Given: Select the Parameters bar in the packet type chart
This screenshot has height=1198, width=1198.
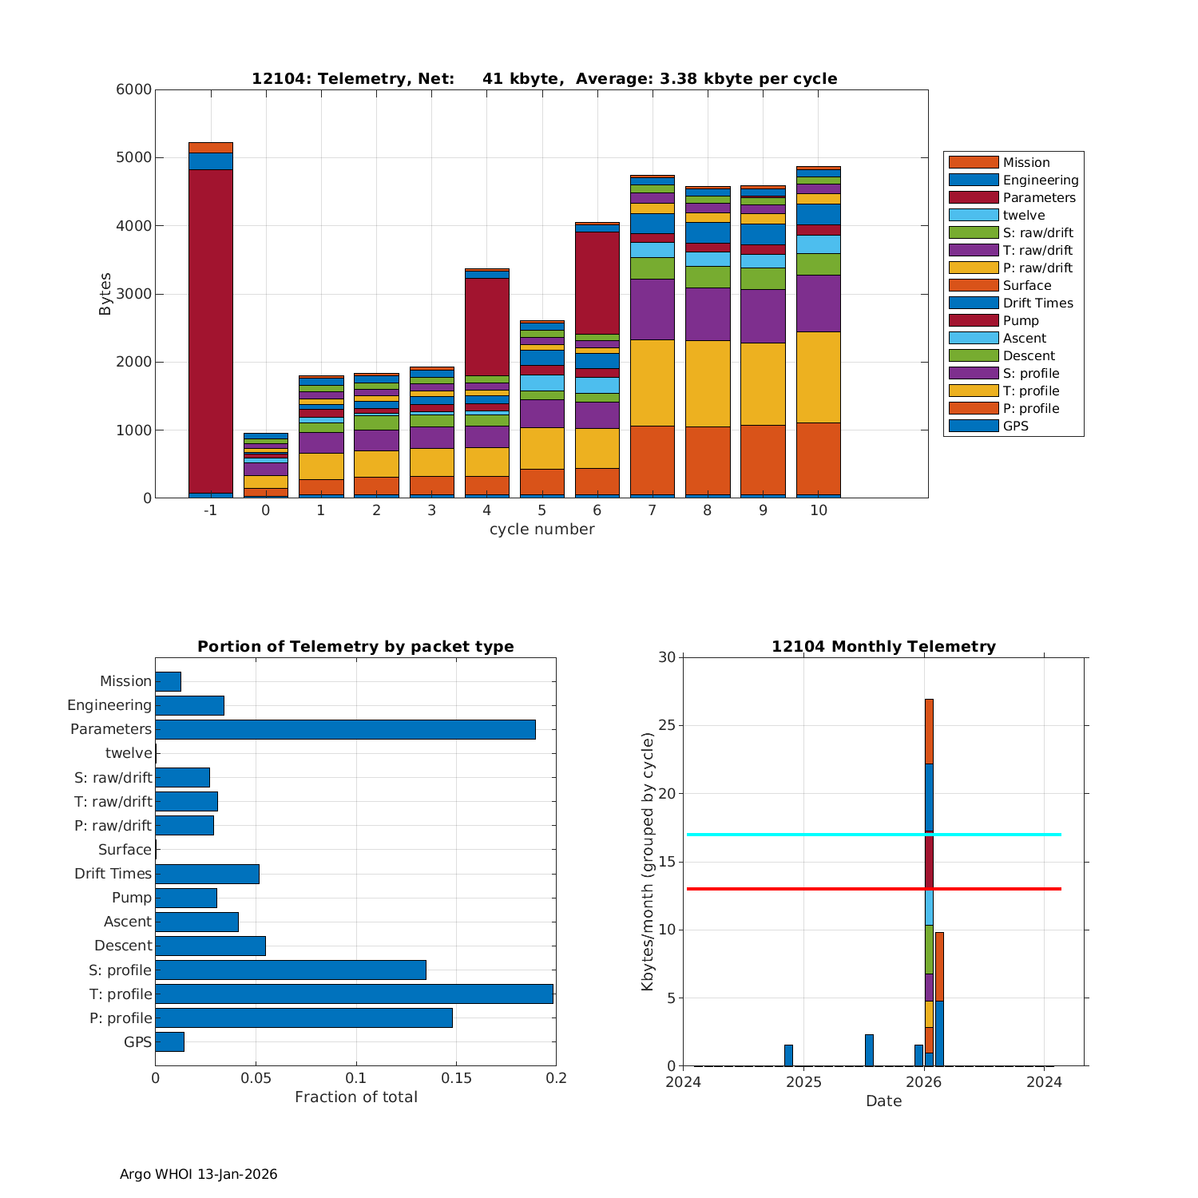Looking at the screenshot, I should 345,729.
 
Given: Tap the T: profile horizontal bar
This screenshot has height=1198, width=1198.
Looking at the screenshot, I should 354,994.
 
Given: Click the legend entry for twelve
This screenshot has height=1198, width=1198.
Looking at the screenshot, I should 1024,215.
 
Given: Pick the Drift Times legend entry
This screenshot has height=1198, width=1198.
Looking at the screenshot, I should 1037,303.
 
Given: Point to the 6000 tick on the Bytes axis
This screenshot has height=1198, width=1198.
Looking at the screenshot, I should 134,89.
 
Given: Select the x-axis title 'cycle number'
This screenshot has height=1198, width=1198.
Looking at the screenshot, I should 541,530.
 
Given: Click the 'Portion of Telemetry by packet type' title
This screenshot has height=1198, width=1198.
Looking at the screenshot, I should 355,646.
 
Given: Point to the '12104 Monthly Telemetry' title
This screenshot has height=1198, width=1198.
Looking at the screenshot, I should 883,646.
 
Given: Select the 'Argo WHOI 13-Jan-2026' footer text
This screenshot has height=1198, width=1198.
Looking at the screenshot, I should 198,1174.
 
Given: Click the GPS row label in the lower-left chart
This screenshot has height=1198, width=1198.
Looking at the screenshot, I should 137,1041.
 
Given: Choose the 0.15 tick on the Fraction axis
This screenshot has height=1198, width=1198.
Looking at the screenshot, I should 456,1078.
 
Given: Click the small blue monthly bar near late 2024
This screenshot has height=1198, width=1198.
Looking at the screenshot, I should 788,1055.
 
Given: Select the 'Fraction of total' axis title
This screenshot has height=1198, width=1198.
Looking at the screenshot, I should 355,1097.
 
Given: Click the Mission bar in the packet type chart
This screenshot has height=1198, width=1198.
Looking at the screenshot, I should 168,681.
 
